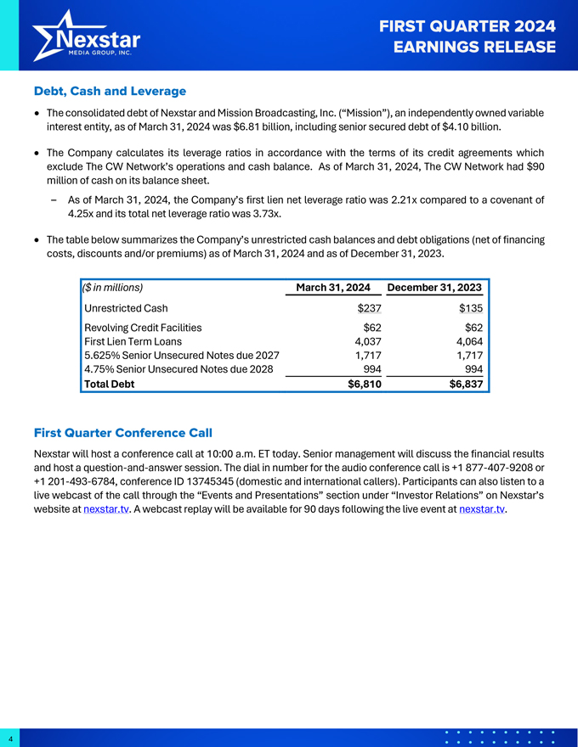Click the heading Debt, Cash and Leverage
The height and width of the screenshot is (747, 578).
pos(110,91)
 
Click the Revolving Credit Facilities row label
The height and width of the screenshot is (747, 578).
pos(143,327)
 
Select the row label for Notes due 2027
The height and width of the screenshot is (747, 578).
pos(181,356)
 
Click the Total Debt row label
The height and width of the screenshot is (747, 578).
pos(109,384)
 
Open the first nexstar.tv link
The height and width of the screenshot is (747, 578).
pos(107,510)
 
